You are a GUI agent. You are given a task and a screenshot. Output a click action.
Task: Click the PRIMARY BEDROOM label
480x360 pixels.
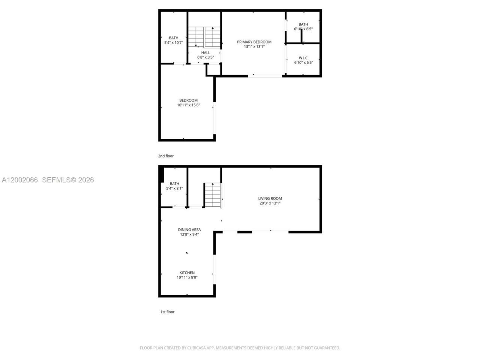[x=254, y=42]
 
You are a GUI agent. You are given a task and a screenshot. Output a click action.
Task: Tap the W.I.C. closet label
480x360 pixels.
[x=303, y=58]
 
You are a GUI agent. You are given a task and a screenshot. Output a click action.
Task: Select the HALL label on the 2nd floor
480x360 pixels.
[x=205, y=53]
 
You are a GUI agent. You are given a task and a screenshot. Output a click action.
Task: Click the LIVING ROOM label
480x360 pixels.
[x=270, y=198]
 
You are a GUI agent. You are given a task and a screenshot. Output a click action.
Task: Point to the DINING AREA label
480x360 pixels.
[x=189, y=229]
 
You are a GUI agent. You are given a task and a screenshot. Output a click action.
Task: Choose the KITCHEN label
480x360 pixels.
[x=187, y=273]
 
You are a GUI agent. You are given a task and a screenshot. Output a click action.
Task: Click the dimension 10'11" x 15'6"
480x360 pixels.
[x=188, y=105]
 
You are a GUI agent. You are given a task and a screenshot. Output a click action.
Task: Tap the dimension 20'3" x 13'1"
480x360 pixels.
[x=270, y=203]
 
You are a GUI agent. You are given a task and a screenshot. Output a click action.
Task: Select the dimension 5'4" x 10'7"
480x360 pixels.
[x=173, y=43]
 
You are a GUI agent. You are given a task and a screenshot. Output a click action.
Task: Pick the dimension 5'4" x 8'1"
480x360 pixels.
[x=174, y=189]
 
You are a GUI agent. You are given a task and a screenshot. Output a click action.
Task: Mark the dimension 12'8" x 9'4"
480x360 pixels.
[x=189, y=234]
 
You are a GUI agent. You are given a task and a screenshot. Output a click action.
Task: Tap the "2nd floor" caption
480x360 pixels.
[x=166, y=156]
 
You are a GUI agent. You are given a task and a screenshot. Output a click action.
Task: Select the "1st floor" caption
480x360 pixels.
[x=167, y=312]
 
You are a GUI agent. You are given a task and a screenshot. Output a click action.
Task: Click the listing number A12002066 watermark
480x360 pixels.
[x=20, y=180]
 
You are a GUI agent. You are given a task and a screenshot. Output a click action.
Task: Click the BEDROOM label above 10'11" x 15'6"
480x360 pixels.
[x=188, y=100]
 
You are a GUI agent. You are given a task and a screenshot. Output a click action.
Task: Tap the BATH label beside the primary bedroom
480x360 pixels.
[x=303, y=24]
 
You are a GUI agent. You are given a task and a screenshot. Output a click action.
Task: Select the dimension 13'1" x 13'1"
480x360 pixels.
[x=254, y=47]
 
